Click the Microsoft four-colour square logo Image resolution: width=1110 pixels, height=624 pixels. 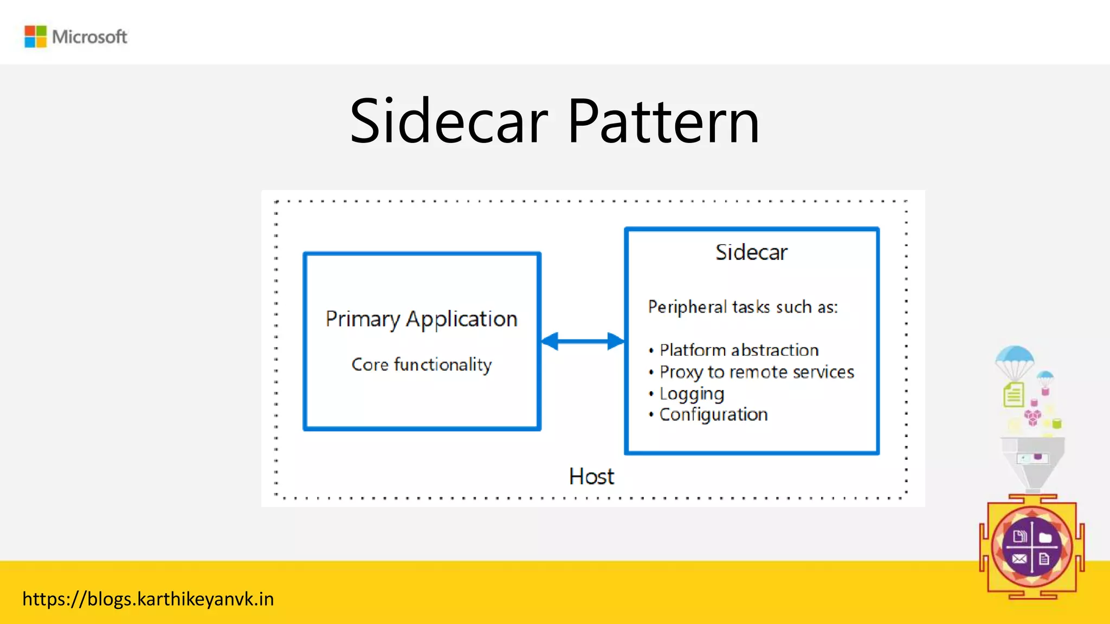tap(36, 37)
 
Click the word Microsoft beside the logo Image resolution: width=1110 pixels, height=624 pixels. tap(89, 37)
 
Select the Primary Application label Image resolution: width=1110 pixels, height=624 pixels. tap(421, 319)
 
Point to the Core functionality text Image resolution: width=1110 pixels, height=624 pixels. tap(421, 365)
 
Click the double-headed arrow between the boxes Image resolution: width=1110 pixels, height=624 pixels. tap(583, 341)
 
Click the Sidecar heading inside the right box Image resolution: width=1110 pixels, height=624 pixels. tap(751, 252)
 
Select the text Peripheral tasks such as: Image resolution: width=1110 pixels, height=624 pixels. tap(743, 307)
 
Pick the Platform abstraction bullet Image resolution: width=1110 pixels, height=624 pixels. tap(738, 350)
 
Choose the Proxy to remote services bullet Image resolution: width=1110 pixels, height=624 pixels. tap(756, 372)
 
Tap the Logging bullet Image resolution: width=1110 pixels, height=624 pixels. tap(692, 394)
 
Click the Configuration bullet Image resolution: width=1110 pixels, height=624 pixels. tap(713, 415)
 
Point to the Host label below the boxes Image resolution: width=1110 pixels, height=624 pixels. tap(591, 477)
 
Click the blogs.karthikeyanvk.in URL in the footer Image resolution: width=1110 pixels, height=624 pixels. tap(148, 599)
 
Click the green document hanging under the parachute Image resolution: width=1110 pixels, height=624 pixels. tap(1013, 394)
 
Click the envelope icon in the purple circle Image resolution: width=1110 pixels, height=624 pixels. tap(1019, 558)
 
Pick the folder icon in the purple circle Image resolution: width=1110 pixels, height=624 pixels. tap(1045, 537)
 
